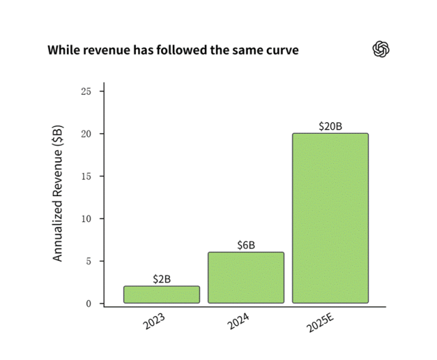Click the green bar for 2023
[161, 294]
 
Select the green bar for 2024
[246, 277]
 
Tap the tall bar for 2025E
[330, 218]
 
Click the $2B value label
[161, 279]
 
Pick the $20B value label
[330, 126]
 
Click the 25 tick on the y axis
[86, 91]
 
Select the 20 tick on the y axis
[86, 134]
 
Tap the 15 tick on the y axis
[86, 176]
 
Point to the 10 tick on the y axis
[86, 219]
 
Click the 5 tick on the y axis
[89, 261]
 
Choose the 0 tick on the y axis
[89, 303]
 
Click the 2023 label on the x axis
[154, 321]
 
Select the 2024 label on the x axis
[238, 321]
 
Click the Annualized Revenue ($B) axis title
[59, 193]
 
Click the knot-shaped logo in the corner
[380, 49]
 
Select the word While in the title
[62, 51]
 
